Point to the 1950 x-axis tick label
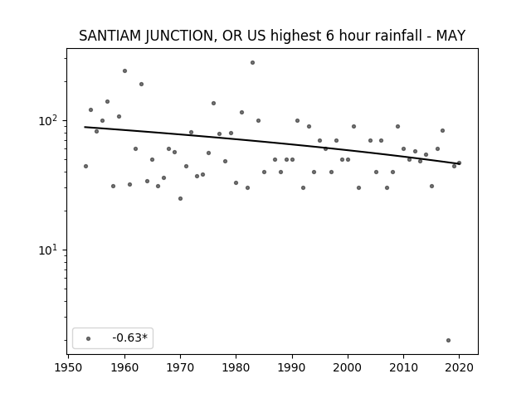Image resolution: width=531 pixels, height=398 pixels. [x=68, y=367]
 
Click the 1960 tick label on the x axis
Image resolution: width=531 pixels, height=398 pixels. [x=124, y=367]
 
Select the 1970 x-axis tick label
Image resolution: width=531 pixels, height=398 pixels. [x=180, y=367]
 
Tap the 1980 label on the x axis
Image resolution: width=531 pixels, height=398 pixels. [x=236, y=367]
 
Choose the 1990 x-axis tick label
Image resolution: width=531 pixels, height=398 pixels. [x=292, y=367]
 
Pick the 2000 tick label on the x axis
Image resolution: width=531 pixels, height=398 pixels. [x=348, y=367]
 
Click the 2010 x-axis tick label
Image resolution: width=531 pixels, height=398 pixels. [x=403, y=367]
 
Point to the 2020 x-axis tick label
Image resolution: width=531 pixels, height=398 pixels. [x=459, y=367]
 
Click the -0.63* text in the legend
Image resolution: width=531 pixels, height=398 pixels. [x=130, y=337]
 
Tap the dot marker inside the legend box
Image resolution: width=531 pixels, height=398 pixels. [x=89, y=338]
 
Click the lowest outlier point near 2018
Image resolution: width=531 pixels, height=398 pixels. [x=448, y=340]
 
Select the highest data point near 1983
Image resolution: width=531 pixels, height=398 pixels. [x=252, y=63]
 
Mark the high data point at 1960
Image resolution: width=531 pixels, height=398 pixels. [x=124, y=70]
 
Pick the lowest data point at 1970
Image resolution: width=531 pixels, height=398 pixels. [x=181, y=198]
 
